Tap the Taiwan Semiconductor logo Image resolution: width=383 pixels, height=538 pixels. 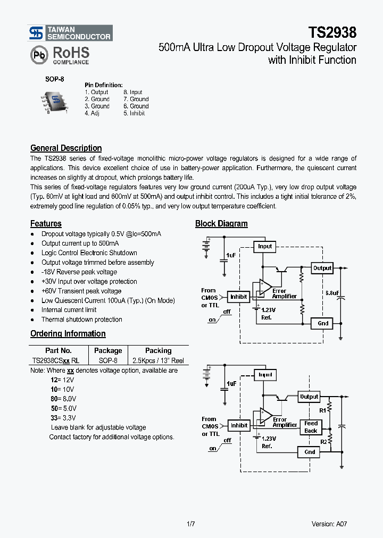(x=71, y=33)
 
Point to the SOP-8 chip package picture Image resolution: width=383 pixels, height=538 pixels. (x=55, y=102)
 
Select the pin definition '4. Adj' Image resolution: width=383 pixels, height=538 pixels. (x=92, y=113)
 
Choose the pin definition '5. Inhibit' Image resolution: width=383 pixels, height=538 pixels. (x=134, y=113)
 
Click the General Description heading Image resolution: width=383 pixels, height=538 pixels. (x=66, y=148)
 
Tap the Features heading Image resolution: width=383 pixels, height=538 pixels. (x=46, y=224)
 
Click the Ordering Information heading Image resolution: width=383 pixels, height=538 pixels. (x=68, y=334)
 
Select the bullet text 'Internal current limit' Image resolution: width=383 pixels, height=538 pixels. (x=69, y=310)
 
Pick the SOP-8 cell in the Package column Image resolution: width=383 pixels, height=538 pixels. (x=108, y=360)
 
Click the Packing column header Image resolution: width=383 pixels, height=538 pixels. (x=158, y=351)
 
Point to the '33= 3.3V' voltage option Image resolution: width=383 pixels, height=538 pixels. (x=63, y=418)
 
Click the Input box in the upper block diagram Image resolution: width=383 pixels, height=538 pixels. (x=264, y=246)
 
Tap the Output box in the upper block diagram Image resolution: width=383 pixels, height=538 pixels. (x=322, y=268)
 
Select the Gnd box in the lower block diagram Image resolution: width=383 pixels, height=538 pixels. (x=310, y=452)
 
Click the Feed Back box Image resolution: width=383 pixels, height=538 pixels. (x=311, y=427)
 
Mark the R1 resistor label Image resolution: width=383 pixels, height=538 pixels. (x=322, y=410)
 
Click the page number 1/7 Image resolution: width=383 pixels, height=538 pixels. (x=191, y=524)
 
